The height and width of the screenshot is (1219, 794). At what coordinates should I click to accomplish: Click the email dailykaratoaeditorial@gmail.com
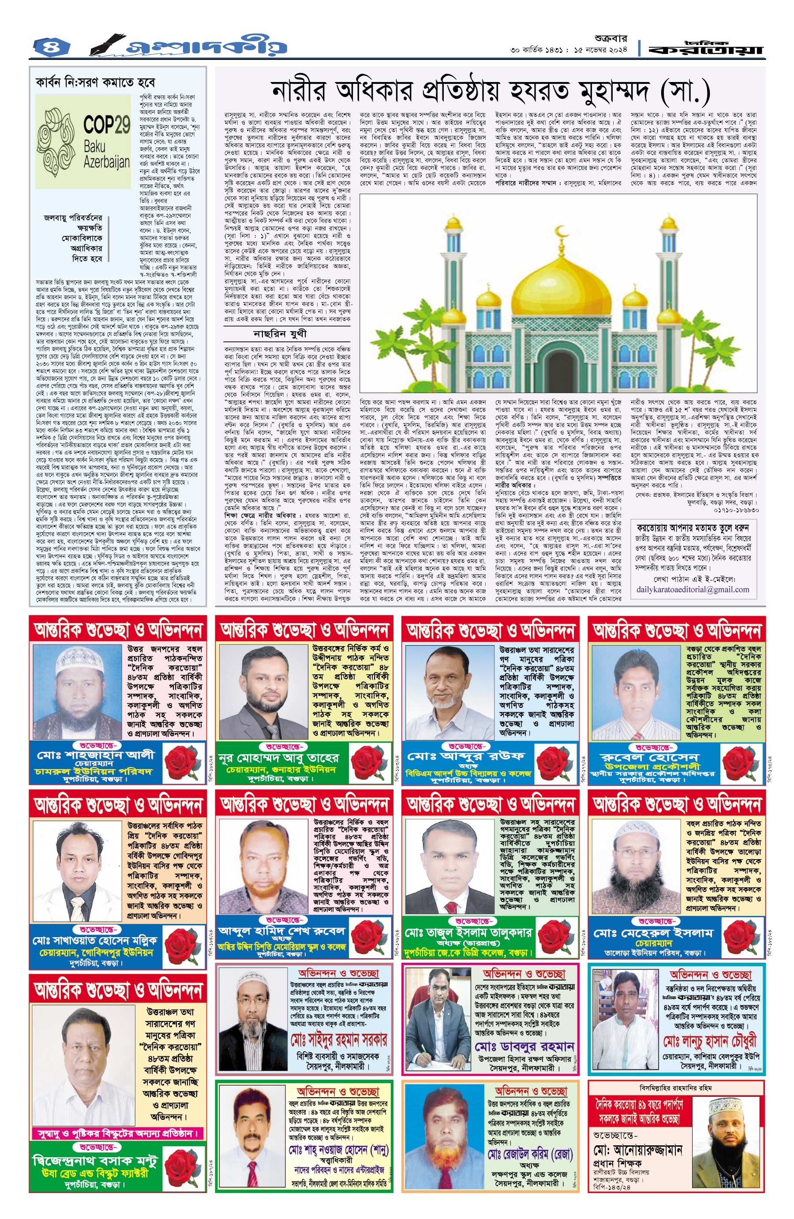(x=693, y=590)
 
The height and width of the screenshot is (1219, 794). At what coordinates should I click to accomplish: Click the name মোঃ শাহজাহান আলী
(x=95, y=755)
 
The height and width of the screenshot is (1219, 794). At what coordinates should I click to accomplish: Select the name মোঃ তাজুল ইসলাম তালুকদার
(x=468, y=933)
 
